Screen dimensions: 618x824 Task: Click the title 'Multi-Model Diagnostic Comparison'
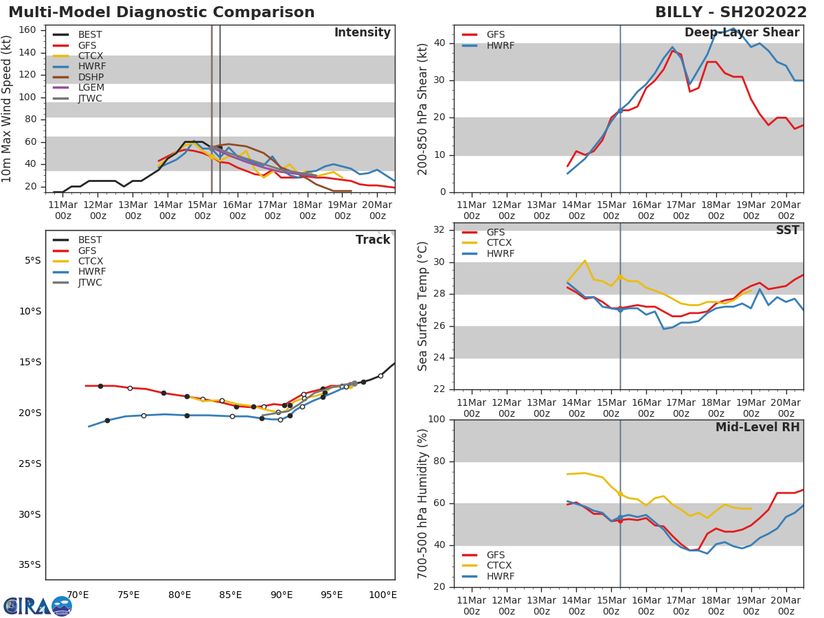[161, 12]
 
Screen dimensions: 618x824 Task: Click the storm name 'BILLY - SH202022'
[731, 12]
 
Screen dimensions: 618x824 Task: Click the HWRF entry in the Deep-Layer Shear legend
[500, 45]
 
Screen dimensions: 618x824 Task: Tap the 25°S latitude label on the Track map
[30, 463]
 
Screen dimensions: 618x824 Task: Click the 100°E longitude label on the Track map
[382, 595]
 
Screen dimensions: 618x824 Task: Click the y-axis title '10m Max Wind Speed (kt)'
[8, 108]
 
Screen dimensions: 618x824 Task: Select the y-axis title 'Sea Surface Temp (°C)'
[423, 306]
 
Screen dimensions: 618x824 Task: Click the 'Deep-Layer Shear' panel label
[742, 33]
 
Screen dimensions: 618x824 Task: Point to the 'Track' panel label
[373, 240]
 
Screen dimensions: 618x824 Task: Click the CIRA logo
[37, 606]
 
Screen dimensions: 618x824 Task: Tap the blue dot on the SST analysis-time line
[620, 310]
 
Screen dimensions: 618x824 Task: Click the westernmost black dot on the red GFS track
[100, 386]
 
